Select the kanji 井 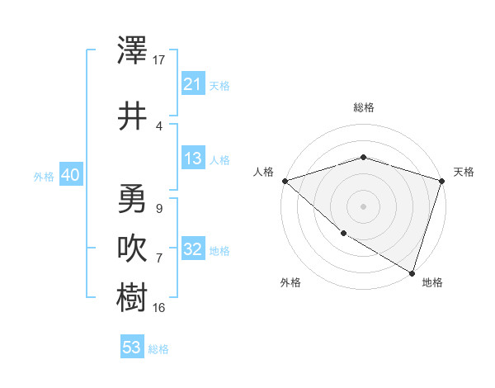[x=133, y=116]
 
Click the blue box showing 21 [x=192, y=84]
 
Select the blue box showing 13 [x=192, y=159]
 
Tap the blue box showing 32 [x=192, y=249]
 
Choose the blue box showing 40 [x=70, y=175]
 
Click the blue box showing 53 [x=132, y=348]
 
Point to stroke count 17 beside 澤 [x=159, y=60]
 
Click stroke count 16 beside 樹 [x=159, y=308]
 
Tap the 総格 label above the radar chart [x=364, y=107]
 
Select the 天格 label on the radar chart [x=464, y=172]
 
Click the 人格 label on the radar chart [x=264, y=172]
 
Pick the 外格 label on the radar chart [x=290, y=282]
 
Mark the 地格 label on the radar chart [x=432, y=282]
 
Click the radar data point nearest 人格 [x=285, y=180]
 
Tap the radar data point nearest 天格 [x=442, y=180]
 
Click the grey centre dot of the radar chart [x=364, y=206]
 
